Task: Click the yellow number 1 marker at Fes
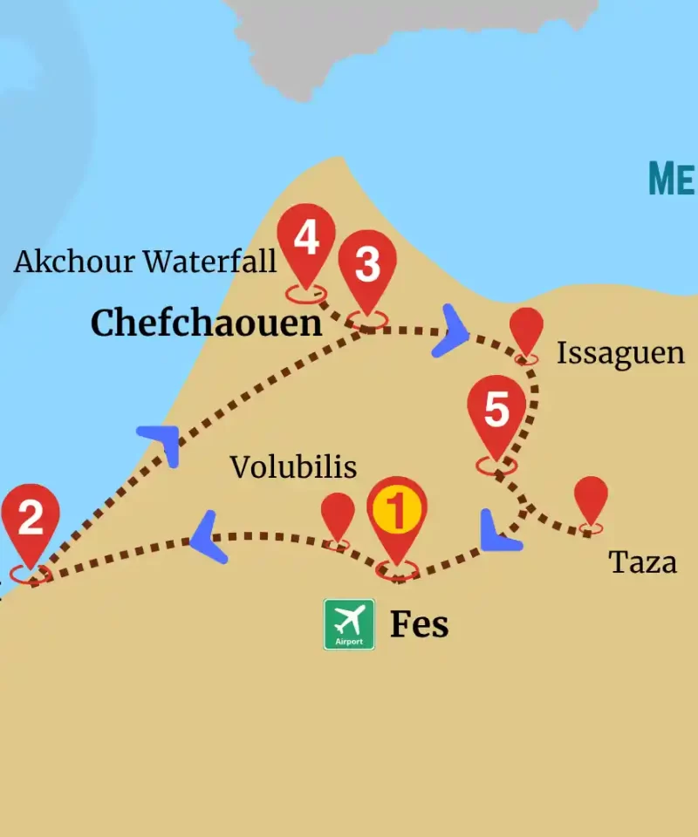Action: tap(397, 513)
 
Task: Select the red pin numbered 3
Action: tap(367, 265)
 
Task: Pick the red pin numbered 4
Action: tap(305, 238)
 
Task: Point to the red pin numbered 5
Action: tap(496, 410)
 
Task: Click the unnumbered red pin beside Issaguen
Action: tap(526, 330)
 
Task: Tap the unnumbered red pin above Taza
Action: tap(591, 499)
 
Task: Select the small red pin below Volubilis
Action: tap(338, 515)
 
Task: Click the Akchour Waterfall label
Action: tap(145, 261)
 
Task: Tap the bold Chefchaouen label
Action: tap(207, 323)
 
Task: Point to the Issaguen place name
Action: tap(620, 353)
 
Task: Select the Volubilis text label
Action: tap(293, 467)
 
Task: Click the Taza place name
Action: tap(643, 562)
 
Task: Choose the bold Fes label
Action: tap(419, 624)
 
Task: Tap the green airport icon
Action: tap(349, 624)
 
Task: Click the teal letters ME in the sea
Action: tap(672, 179)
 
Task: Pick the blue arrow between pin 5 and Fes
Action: tap(498, 533)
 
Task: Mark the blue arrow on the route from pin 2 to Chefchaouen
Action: tap(162, 444)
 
